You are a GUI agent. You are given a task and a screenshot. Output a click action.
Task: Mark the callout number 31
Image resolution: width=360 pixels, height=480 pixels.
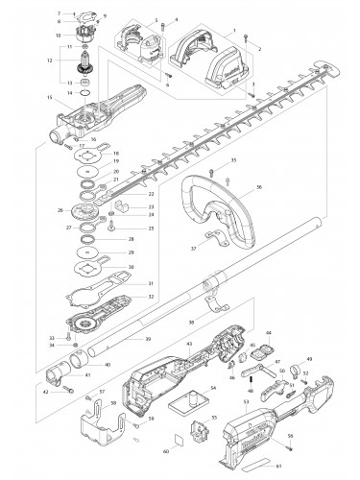coord(149,284)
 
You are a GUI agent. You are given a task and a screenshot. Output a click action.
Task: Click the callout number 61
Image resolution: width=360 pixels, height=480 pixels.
coord(279,466)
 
